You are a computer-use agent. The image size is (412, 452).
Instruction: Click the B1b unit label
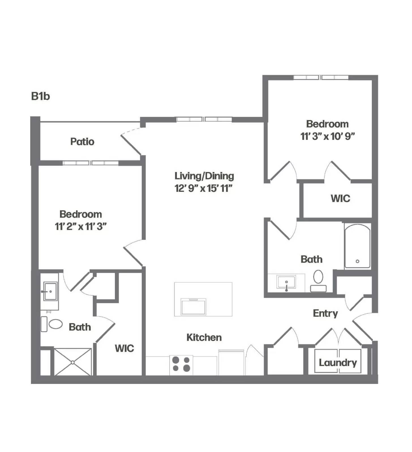pyautogui.click(x=40, y=96)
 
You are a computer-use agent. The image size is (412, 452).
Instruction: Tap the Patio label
pyautogui.click(x=82, y=142)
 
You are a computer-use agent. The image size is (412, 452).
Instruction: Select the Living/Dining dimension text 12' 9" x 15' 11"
pyautogui.click(x=203, y=188)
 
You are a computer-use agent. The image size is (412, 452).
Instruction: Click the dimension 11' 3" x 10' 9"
pyautogui.click(x=327, y=136)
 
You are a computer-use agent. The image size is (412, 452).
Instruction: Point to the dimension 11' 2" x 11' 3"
pyautogui.click(x=81, y=226)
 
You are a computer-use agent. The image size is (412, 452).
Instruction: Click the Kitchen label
pyautogui.click(x=204, y=337)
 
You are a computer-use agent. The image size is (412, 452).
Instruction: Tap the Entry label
pyautogui.click(x=325, y=313)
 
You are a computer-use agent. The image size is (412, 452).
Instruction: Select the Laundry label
pyautogui.click(x=338, y=362)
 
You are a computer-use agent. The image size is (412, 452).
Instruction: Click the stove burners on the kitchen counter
pyautogui.click(x=181, y=364)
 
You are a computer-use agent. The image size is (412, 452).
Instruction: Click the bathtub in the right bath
pyautogui.click(x=357, y=246)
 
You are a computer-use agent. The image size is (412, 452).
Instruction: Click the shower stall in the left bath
pyautogui.click(x=73, y=362)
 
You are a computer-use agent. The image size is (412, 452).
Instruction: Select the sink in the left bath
pyautogui.click(x=50, y=291)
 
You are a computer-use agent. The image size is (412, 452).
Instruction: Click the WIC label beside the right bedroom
pyautogui.click(x=340, y=198)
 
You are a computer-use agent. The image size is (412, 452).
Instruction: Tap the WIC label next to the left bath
pyautogui.click(x=124, y=348)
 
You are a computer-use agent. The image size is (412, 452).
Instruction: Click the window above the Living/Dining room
pyautogui.click(x=204, y=119)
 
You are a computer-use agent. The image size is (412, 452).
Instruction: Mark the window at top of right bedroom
pyautogui.click(x=321, y=77)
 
